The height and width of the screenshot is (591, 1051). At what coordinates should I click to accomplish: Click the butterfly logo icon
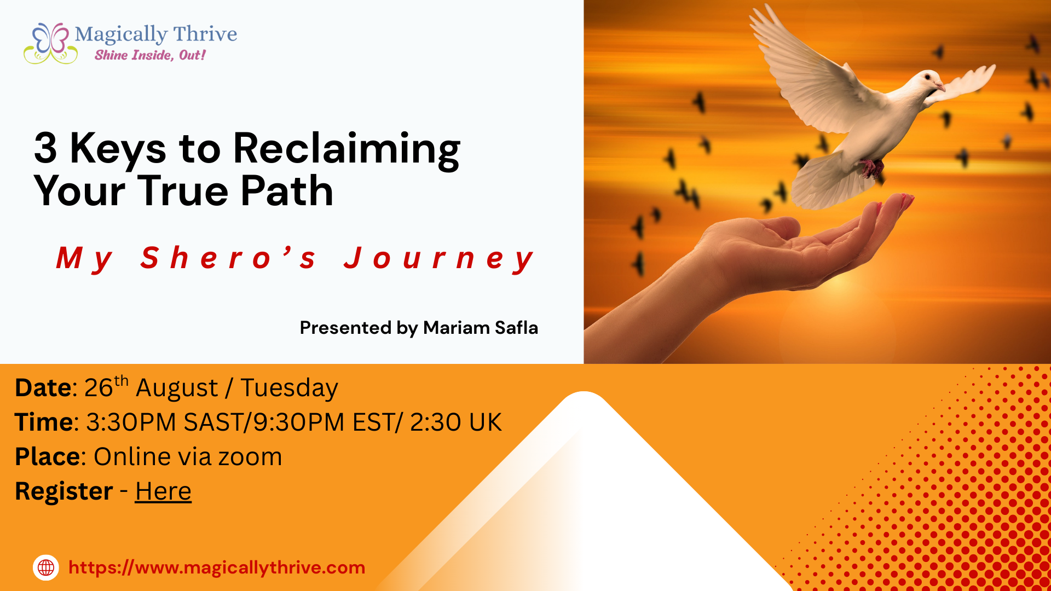[50, 43]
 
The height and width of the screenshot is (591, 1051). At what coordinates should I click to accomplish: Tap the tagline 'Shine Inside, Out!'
[150, 55]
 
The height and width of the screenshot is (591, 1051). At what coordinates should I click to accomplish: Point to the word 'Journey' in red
[438, 259]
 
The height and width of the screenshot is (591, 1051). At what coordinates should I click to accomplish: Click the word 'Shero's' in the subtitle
[228, 258]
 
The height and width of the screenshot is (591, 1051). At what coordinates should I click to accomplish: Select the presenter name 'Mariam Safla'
[481, 328]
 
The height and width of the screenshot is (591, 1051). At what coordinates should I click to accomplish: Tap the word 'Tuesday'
[289, 389]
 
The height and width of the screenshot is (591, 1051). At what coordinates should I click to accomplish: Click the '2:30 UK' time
[455, 422]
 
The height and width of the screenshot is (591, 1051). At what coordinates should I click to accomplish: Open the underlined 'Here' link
[163, 491]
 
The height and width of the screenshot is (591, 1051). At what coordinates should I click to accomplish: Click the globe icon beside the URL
[46, 567]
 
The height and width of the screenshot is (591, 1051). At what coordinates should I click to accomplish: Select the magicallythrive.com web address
[217, 568]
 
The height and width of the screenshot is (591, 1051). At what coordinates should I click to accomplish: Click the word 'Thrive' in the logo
[205, 34]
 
